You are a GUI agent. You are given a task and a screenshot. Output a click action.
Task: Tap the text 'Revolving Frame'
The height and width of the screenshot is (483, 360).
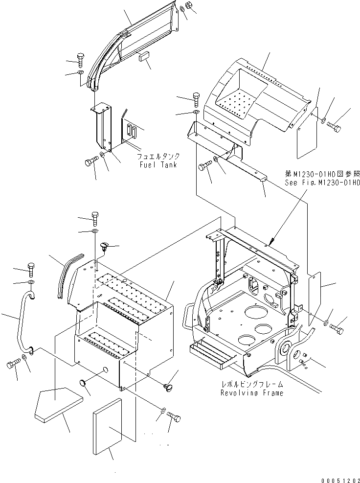pyautogui.click(x=251, y=393)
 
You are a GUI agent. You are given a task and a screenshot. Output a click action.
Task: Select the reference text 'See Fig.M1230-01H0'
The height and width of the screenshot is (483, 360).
pyautogui.click(x=322, y=183)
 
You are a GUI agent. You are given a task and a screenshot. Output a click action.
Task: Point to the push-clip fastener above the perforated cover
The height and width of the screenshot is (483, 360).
pyautogui.click(x=104, y=246)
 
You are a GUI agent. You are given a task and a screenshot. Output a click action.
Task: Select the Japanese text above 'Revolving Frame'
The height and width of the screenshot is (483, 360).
pyautogui.click(x=251, y=385)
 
